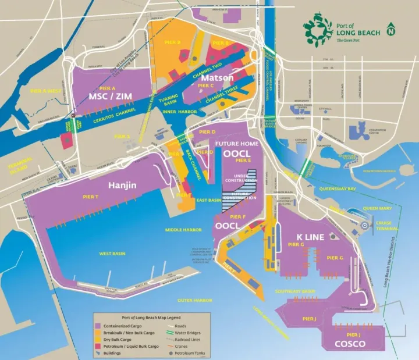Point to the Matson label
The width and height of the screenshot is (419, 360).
218,77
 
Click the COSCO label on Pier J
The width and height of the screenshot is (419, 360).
350,344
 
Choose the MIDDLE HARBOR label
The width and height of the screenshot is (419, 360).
183,230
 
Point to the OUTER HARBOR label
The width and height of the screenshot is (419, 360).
194,300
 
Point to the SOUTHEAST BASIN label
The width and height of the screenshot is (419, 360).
296,291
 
